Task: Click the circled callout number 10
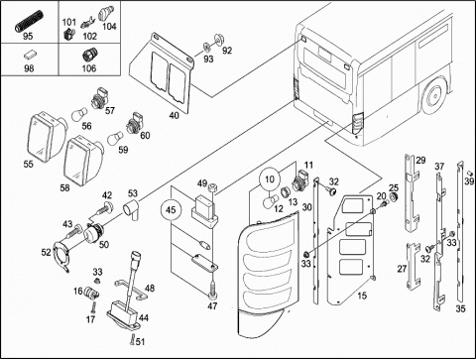(270, 180)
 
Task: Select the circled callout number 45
(171, 210)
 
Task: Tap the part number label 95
(28, 36)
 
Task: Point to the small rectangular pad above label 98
(29, 55)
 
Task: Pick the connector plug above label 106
(88, 55)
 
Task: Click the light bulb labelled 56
(79, 114)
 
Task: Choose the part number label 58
(64, 187)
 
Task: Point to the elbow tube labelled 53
(132, 209)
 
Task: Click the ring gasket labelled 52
(61, 257)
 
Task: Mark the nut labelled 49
(212, 188)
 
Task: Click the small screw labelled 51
(132, 340)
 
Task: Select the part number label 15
(362, 296)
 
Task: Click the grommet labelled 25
(393, 197)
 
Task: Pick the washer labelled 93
(206, 47)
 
